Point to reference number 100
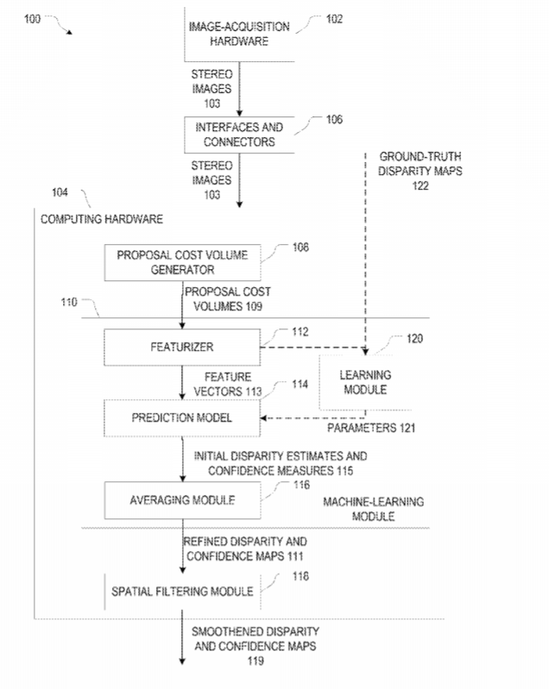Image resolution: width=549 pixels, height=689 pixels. click(32, 19)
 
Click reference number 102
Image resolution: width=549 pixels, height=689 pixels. click(334, 19)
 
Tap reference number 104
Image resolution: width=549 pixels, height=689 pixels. click(60, 192)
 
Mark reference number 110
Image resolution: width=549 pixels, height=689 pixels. click(69, 303)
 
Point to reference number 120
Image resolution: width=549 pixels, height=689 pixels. click(415, 338)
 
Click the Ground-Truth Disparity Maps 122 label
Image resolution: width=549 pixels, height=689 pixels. click(420, 171)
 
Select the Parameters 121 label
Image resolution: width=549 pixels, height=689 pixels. click(371, 428)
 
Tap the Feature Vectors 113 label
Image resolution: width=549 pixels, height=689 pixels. click(228, 385)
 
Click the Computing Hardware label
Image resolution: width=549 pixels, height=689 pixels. click(102, 219)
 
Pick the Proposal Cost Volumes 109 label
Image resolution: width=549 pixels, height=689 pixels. click(228, 299)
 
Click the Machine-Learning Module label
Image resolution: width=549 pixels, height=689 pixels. click(374, 510)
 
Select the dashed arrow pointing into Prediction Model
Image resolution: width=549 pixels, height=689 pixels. click(312, 418)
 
